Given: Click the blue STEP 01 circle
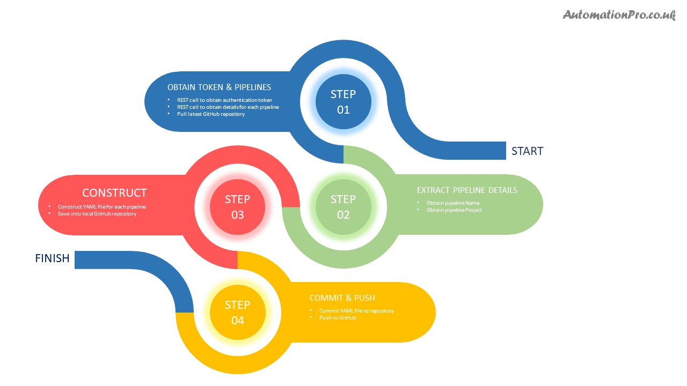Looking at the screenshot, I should tap(343, 102).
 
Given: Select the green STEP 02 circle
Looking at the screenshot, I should tap(343, 207).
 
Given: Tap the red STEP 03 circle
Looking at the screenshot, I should tap(237, 207).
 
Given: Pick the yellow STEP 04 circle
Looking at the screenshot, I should tap(237, 313).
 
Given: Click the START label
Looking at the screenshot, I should tap(527, 151).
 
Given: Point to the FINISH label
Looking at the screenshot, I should tap(52, 258).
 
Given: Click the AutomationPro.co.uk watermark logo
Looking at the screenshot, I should tap(619, 15).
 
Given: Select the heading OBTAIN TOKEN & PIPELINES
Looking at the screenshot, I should tap(219, 87).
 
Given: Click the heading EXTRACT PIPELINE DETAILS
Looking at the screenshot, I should tap(467, 190).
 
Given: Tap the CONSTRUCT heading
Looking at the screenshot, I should tap(114, 193).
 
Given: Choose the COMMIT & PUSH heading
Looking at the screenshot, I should tap(342, 298).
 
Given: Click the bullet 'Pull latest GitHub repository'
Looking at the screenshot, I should tap(211, 114).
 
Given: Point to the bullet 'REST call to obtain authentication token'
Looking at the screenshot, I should tap(224, 100).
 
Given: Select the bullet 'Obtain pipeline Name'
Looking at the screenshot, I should tap(453, 203).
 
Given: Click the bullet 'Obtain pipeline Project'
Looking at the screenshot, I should tap(454, 210).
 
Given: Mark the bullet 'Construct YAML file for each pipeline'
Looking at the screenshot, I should tap(102, 207).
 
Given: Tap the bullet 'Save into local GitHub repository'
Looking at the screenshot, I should tap(97, 214).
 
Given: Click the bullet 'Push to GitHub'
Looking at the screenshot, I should tap(338, 318).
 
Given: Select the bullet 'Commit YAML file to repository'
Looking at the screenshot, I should tap(356, 311).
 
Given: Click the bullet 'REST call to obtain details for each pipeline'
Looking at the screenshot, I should tap(228, 107).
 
